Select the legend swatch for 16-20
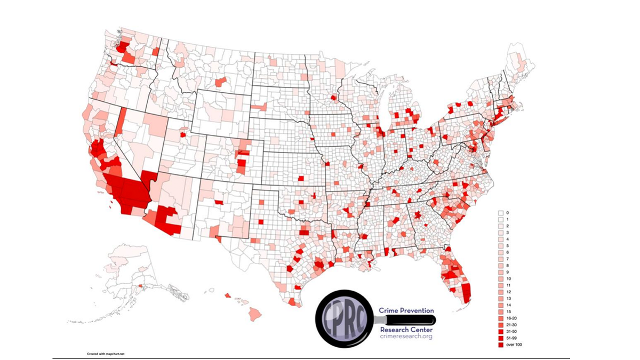pos(501,318)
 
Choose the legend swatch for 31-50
pos(501,332)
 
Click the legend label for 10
pos(508,279)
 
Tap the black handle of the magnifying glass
pos(410,319)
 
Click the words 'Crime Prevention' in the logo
pos(406,310)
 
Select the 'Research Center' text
pos(406,330)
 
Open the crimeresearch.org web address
pos(406,337)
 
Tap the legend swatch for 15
pos(501,312)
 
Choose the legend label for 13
pos(508,299)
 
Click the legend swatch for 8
pos(501,266)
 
